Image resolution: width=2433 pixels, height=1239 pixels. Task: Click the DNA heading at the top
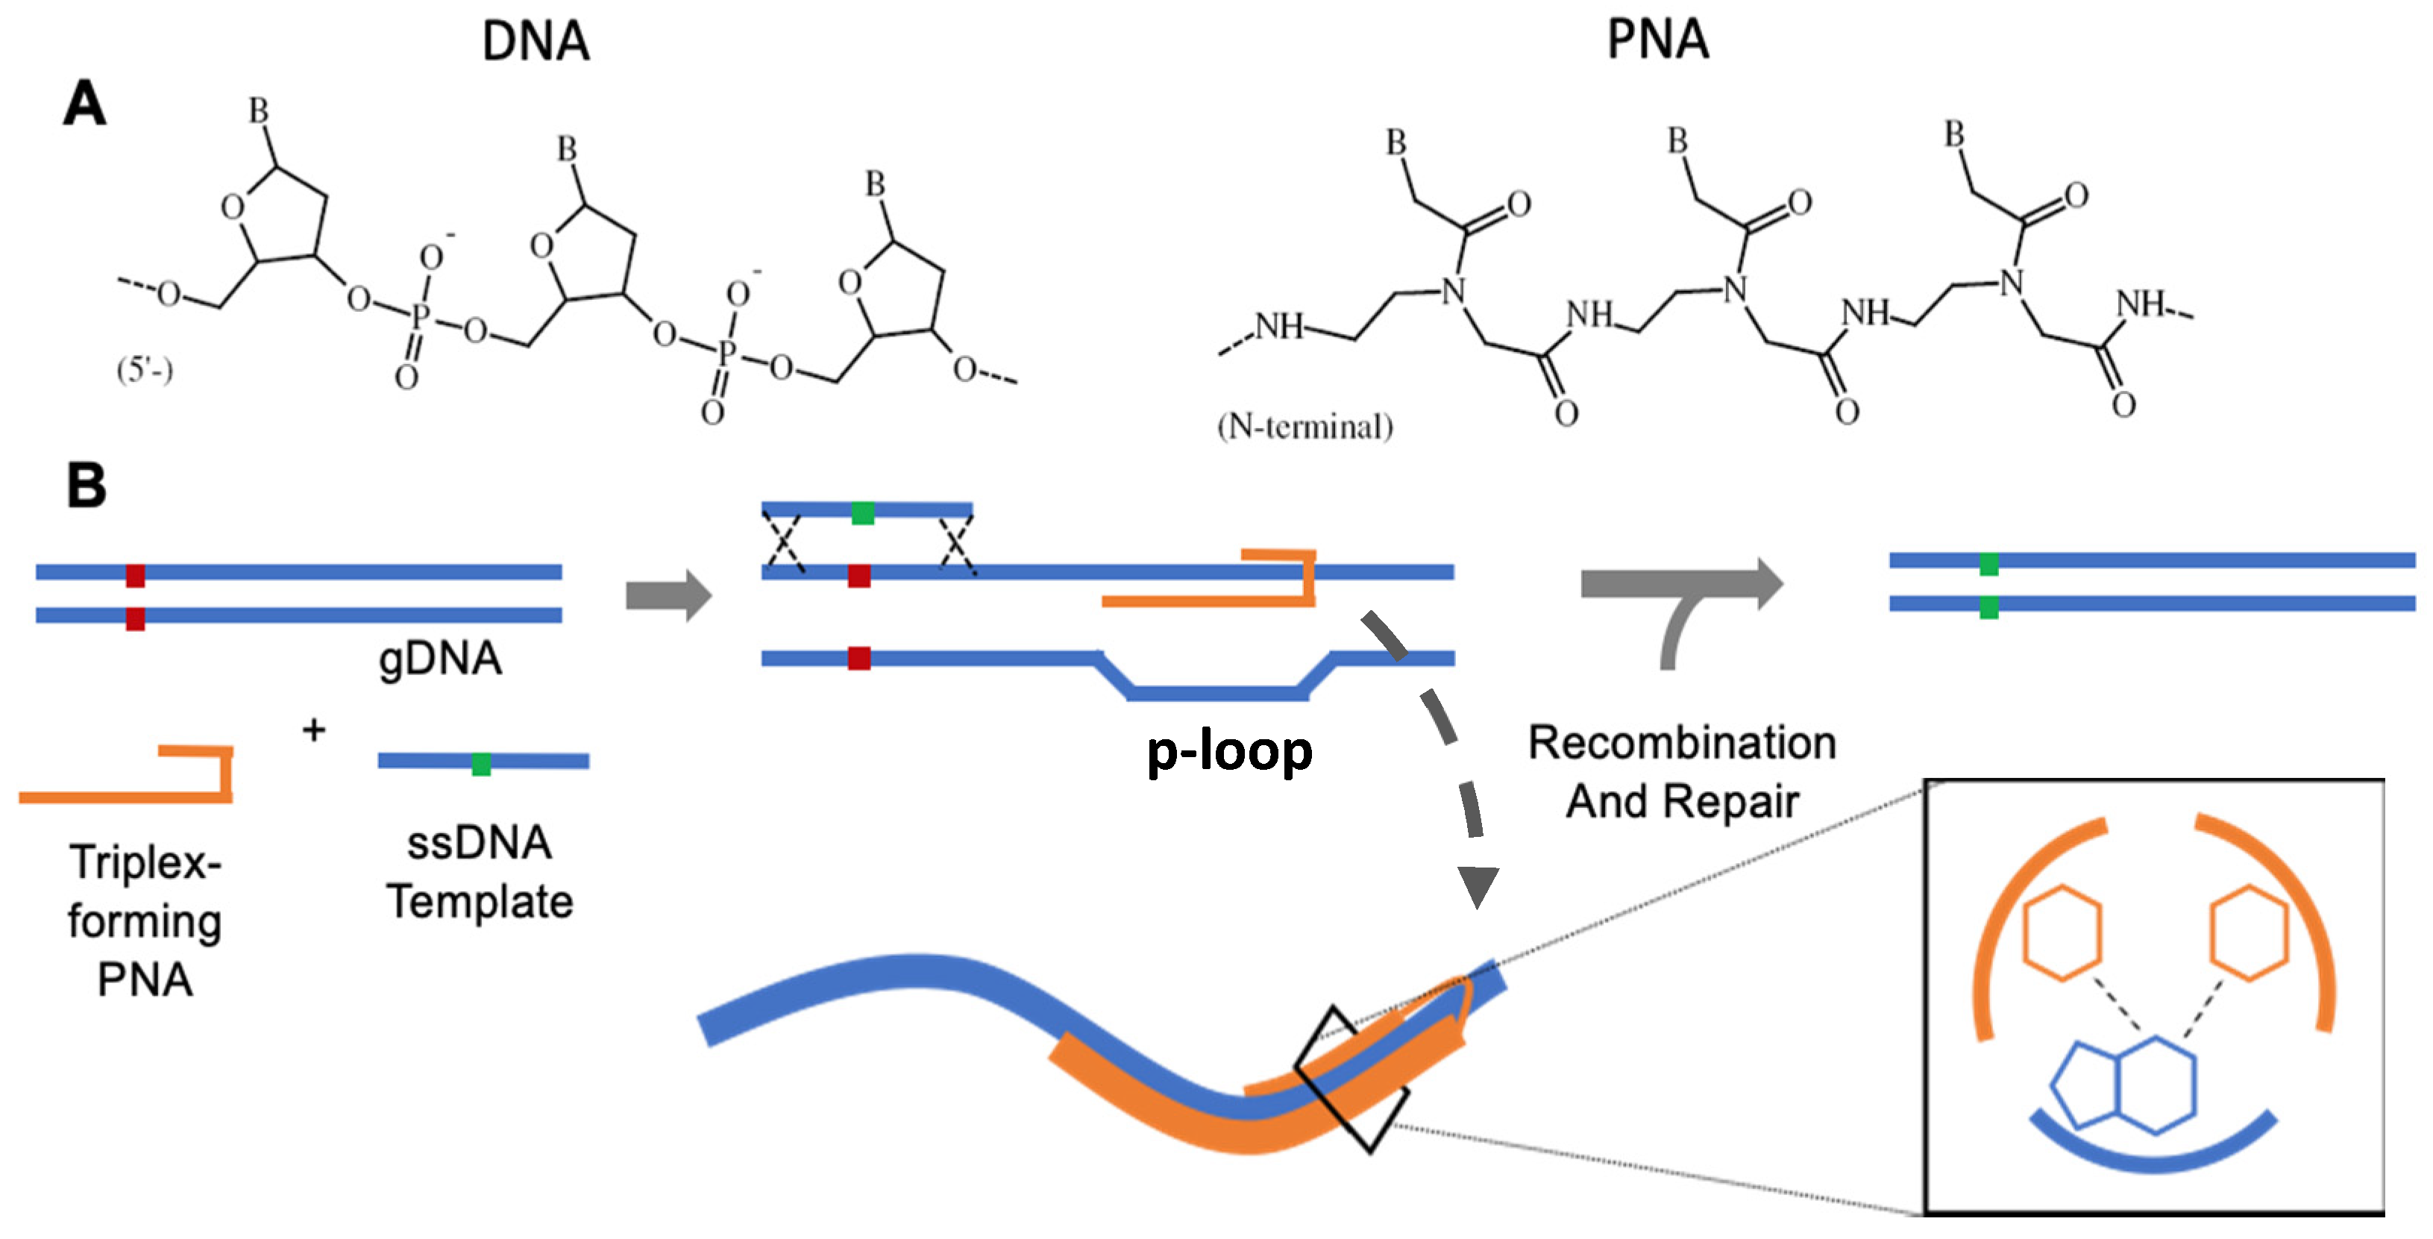pyautogui.click(x=536, y=42)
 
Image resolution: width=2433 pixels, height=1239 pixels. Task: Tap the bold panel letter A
pyautogui.click(x=84, y=103)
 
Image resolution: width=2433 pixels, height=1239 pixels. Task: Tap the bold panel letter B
pyautogui.click(x=86, y=486)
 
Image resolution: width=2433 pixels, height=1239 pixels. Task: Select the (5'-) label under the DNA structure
pyautogui.click(x=145, y=369)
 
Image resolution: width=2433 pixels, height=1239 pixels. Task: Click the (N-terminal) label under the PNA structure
pyautogui.click(x=1305, y=427)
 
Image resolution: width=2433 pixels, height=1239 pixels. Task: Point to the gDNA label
pyautogui.click(x=440, y=658)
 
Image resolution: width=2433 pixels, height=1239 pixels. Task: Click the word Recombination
pyautogui.click(x=1681, y=743)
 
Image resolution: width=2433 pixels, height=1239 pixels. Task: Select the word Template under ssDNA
pyautogui.click(x=480, y=902)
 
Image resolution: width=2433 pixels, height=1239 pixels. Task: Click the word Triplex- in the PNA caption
pyautogui.click(x=145, y=862)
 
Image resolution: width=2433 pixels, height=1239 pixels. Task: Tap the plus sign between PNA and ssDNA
pyautogui.click(x=313, y=730)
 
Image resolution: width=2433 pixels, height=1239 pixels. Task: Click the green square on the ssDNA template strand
pyautogui.click(x=481, y=763)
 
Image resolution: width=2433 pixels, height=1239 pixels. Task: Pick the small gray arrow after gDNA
pyautogui.click(x=668, y=596)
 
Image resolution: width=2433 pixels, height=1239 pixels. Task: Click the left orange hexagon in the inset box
pyautogui.click(x=2062, y=933)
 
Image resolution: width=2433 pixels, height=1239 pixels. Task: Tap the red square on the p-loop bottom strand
pyautogui.click(x=858, y=658)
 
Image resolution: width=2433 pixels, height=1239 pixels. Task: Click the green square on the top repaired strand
pyautogui.click(x=1988, y=564)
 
